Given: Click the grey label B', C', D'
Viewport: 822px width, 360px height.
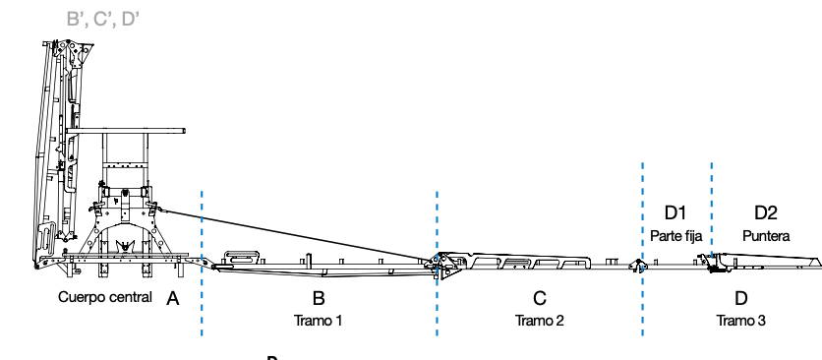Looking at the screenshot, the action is [102, 19].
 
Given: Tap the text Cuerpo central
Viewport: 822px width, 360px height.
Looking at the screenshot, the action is [105, 297].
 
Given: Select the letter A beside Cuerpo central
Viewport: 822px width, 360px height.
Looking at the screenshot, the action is [172, 299].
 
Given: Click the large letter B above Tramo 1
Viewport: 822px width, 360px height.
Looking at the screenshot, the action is [319, 298].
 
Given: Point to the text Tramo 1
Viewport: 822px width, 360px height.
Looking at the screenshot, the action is [319, 320].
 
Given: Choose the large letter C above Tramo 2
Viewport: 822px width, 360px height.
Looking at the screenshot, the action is [540, 298].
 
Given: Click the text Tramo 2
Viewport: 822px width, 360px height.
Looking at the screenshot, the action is [540, 320].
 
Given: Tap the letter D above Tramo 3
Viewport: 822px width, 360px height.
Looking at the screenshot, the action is [740, 298].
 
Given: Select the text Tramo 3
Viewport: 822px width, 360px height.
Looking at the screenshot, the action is [740, 320].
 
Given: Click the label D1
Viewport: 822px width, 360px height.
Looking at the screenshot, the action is [675, 212].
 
